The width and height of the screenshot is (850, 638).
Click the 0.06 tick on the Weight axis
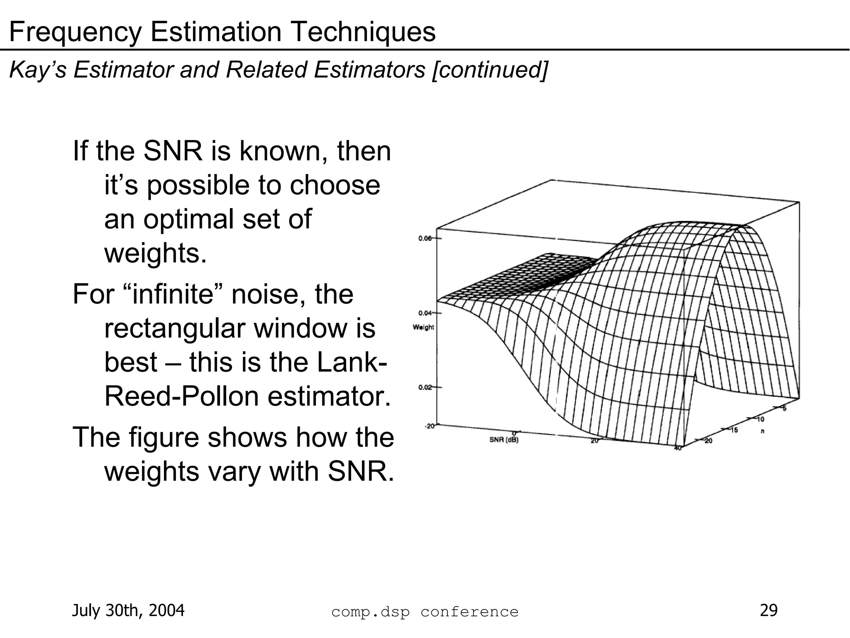[425, 238]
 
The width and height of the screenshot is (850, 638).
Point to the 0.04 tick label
[425, 312]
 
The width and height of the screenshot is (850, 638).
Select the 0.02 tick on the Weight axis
[425, 387]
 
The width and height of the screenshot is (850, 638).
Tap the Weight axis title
[423, 327]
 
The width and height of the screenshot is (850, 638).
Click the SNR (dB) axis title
[504, 440]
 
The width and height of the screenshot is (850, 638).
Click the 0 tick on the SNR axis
[514, 433]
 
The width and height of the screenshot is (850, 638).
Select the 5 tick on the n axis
[784, 408]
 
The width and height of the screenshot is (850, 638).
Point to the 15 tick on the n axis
[734, 430]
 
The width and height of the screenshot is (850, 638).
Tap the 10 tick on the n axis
[761, 419]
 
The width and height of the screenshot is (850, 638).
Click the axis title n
[762, 431]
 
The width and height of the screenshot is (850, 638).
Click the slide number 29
[768, 610]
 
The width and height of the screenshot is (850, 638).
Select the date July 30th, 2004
[128, 611]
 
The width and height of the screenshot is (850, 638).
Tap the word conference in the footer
[469, 612]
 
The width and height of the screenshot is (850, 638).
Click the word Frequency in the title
[75, 32]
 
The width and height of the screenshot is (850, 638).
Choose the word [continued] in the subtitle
[490, 70]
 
